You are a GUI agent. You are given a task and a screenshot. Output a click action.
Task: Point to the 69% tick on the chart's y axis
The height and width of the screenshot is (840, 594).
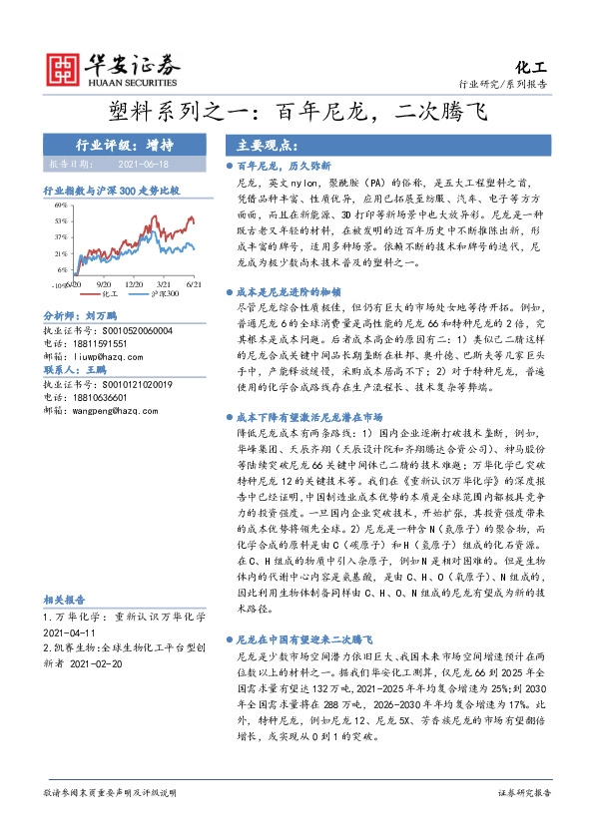click(62, 205)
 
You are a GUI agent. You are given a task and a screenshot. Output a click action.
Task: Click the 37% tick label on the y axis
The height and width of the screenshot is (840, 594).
click(62, 236)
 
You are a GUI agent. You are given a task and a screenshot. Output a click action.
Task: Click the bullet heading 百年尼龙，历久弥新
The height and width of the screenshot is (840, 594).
click(284, 166)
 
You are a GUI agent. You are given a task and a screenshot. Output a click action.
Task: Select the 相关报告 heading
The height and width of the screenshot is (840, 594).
click(62, 601)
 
